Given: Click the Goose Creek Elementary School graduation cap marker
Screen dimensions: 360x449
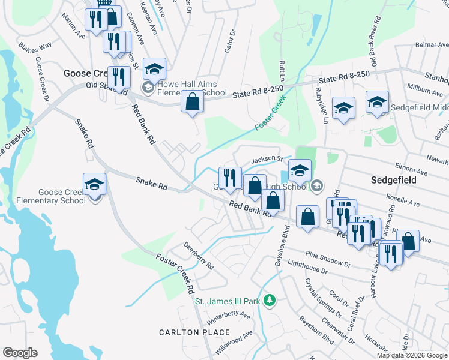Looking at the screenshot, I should point(94,184).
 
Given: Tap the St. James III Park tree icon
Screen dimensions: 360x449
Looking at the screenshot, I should point(270,300).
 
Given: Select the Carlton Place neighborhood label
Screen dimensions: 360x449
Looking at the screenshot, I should point(194,332).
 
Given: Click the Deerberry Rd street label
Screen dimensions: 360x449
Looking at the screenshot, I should point(199,255).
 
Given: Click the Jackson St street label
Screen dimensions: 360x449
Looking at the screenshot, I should point(267,159).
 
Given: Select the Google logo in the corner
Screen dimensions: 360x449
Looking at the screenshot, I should point(20,353).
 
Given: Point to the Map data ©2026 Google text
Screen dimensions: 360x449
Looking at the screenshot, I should point(412,355).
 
